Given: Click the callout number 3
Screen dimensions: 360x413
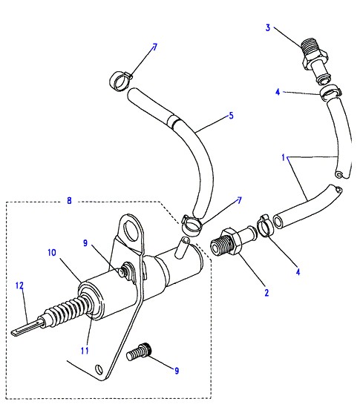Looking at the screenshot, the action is click(268, 27).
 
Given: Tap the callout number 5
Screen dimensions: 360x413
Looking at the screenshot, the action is click(231, 116).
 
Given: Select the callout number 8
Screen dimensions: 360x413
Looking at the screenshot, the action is click(69, 200).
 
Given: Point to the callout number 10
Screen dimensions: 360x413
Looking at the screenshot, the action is click(52, 253).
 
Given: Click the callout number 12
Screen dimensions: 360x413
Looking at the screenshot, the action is click(19, 285).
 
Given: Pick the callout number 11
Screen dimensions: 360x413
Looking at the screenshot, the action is click(85, 351).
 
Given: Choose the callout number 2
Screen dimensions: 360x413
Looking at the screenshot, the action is click(266, 292).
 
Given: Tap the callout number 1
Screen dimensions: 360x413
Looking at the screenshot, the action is click(284, 158).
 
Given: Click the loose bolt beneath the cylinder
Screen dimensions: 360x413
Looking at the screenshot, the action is click(139, 351).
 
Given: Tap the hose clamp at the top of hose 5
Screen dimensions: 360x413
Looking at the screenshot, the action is click(120, 80).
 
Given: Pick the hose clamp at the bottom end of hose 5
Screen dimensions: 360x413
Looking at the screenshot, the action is click(192, 225).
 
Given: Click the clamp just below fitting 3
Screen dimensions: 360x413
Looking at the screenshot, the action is click(331, 91).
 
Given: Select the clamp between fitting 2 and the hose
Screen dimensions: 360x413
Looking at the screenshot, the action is click(265, 225).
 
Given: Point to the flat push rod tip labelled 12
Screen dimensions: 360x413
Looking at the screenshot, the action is click(27, 328).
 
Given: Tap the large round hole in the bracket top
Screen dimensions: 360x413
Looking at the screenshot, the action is click(131, 230).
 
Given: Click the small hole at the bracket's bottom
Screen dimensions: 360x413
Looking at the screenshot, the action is click(99, 369).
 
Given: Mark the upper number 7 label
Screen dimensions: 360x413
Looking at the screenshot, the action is click(154, 47).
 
